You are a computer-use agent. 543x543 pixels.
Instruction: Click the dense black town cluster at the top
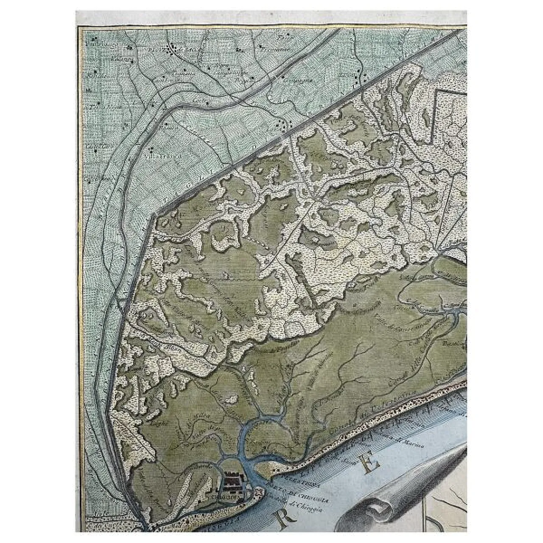tap(174, 50)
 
